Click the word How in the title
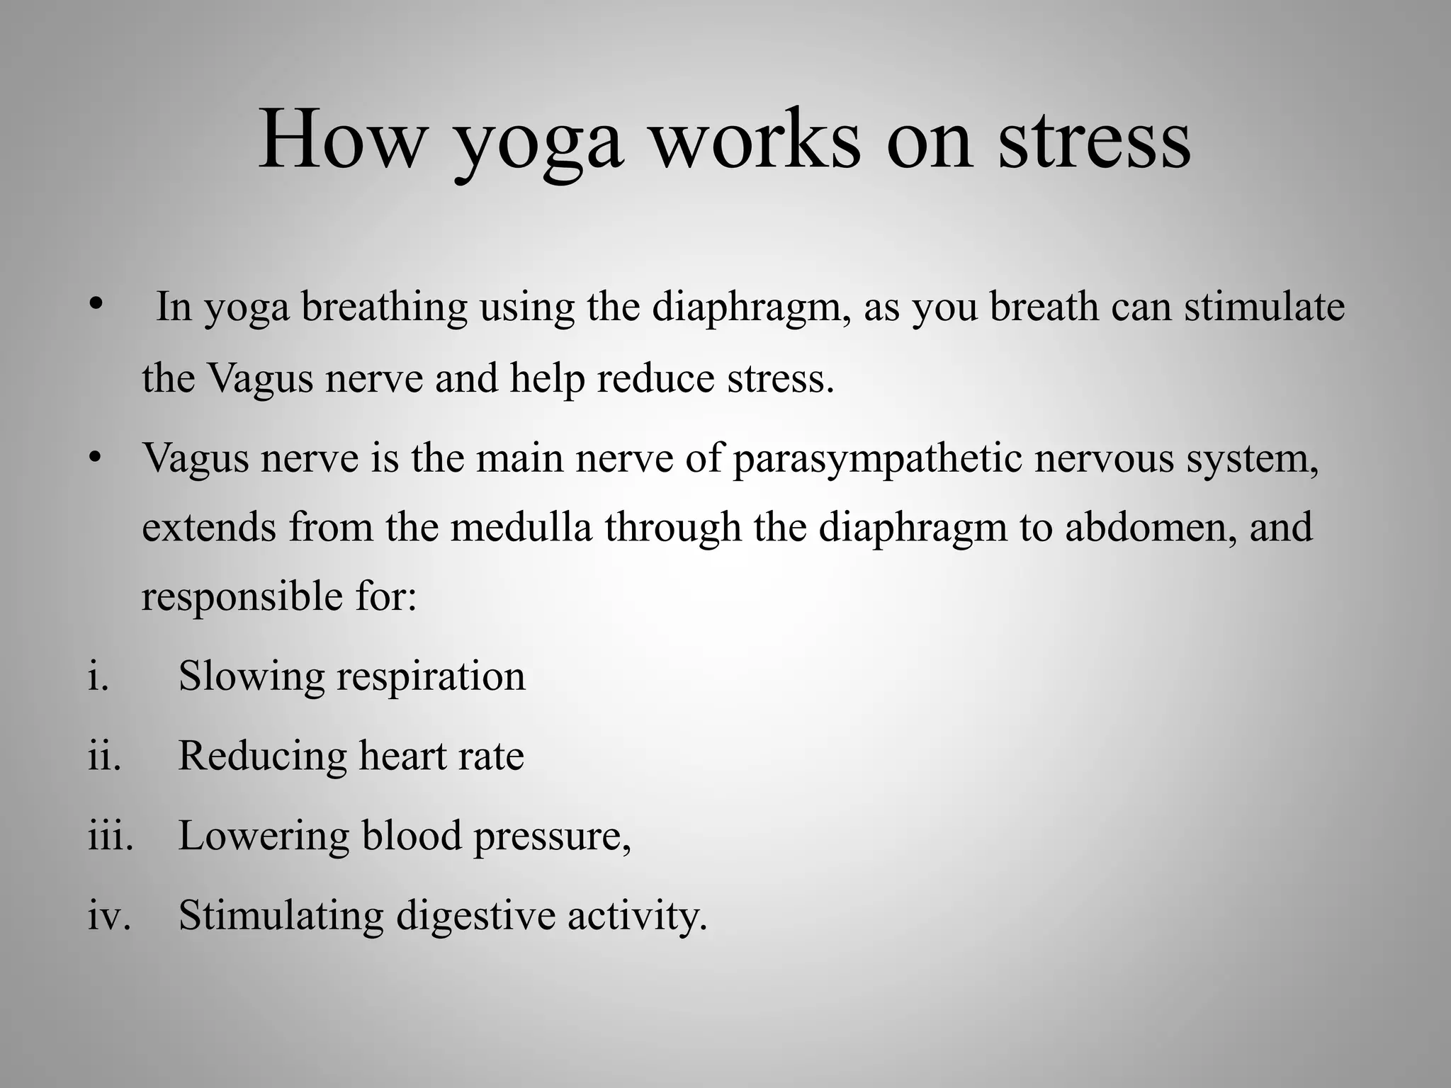pos(341,140)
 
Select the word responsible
pos(242,596)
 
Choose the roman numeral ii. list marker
pos(104,755)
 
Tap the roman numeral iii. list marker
pos(111,835)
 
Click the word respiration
pos(431,677)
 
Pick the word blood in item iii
pos(412,835)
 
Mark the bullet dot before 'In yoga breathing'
pos(96,305)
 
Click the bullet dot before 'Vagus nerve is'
pos(96,457)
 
